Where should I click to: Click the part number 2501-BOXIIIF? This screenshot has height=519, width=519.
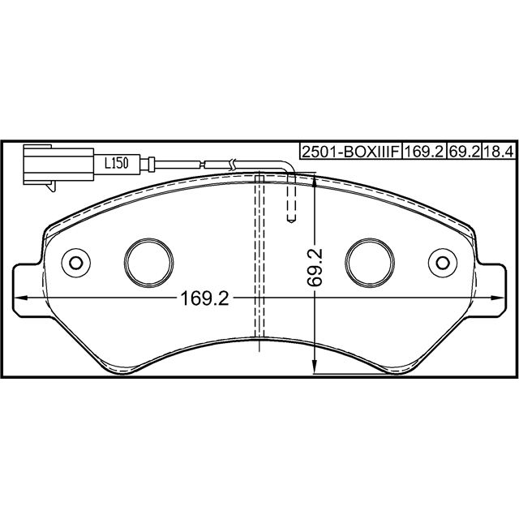351,152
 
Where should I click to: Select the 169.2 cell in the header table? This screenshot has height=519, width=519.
424,152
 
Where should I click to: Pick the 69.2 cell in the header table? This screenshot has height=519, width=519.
464,152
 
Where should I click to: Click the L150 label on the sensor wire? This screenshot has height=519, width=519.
116,163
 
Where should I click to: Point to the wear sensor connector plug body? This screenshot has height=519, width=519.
59,165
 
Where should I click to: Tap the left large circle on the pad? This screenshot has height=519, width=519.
149,262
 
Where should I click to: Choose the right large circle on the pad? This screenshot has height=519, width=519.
370,262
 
